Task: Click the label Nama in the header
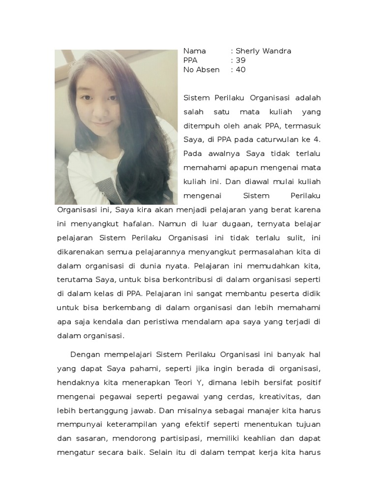pos(194,51)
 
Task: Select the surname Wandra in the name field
pos(277,51)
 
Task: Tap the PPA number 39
pos(241,61)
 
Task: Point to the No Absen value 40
pos(241,70)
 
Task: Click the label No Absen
pos(201,70)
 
